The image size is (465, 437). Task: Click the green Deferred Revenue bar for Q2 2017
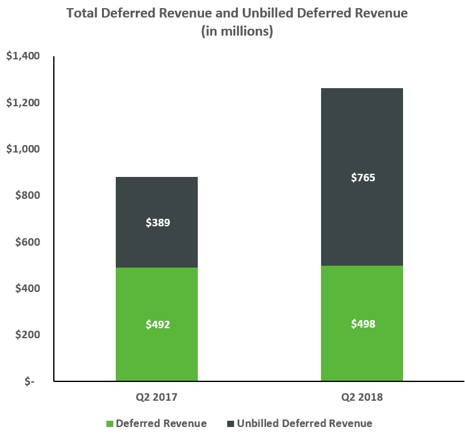click(156, 324)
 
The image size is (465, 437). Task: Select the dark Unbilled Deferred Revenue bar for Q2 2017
click(156, 222)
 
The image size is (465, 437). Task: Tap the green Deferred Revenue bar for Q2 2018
click(362, 323)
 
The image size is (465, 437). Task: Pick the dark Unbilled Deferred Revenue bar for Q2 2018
click(362, 177)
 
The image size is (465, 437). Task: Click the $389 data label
click(158, 223)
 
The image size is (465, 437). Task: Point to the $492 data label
click(158, 324)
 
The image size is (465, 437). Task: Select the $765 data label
click(363, 178)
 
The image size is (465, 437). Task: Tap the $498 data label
click(363, 324)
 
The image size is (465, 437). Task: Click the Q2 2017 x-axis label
click(156, 397)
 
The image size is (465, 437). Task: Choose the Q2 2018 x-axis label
click(362, 397)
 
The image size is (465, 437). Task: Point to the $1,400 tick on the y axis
click(23, 56)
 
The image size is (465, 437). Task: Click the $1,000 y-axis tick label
click(23, 149)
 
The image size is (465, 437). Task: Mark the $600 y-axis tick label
click(28, 242)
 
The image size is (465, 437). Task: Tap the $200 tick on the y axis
click(28, 334)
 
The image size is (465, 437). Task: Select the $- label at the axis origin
click(29, 381)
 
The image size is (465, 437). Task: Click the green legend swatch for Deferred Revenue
click(110, 424)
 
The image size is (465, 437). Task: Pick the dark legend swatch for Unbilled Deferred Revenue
click(231, 424)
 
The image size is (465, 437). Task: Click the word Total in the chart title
click(82, 13)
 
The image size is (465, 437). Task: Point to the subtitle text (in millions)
click(237, 31)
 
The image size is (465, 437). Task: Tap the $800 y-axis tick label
click(28, 195)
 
